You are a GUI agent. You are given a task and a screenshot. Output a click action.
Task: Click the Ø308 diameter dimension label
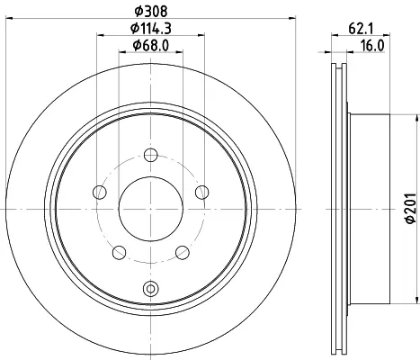click(x=151, y=12)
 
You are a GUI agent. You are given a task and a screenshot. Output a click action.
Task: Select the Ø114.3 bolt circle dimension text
click(x=151, y=29)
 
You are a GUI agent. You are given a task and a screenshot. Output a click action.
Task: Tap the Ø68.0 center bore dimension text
click(x=151, y=45)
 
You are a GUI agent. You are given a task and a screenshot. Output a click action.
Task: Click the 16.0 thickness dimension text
click(x=372, y=46)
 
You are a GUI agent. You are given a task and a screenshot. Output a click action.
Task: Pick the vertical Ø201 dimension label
click(x=411, y=208)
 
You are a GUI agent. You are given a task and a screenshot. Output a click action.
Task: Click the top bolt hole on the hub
click(x=151, y=155)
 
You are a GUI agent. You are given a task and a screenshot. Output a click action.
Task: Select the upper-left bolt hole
click(x=100, y=192)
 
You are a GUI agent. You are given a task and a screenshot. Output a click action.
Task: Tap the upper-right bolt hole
click(x=202, y=192)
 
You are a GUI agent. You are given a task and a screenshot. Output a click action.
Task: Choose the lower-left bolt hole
click(x=119, y=252)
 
